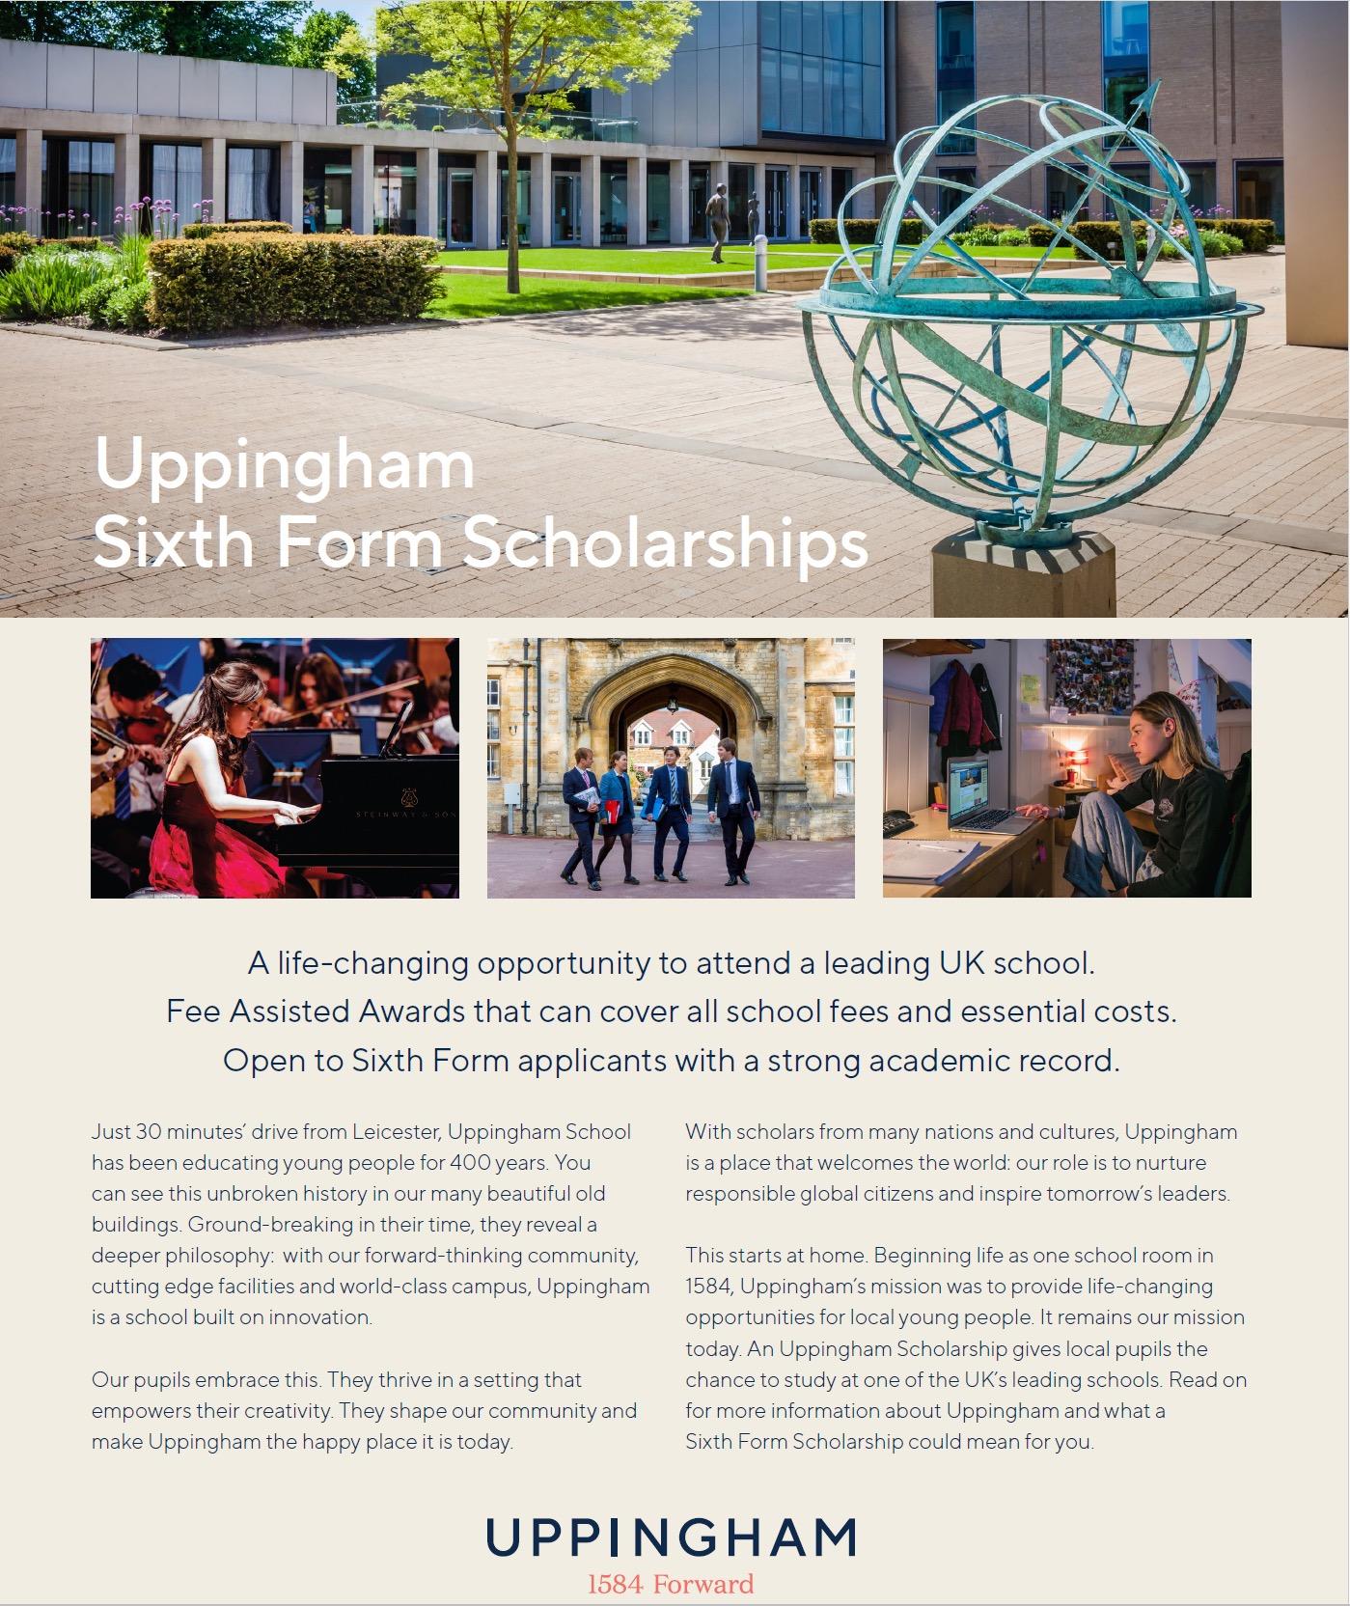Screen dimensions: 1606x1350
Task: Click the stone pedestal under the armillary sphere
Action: (x=1022, y=573)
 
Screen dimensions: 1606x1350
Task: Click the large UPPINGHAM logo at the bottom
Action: (x=672, y=1537)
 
